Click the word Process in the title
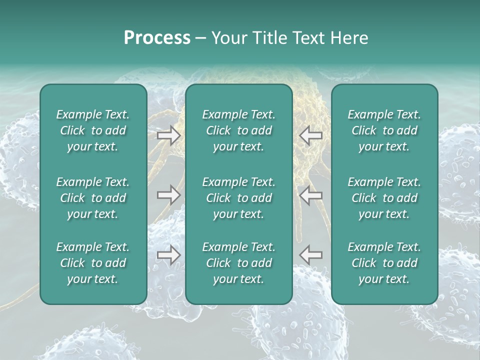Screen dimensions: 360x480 [x=157, y=38]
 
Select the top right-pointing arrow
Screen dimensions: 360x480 [x=168, y=135]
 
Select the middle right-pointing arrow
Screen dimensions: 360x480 [x=168, y=195]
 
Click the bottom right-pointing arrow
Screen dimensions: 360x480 [x=168, y=255]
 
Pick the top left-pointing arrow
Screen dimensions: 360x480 [x=311, y=135]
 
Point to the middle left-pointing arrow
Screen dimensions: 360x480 [x=311, y=195]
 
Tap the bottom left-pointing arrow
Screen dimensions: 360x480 [x=311, y=255]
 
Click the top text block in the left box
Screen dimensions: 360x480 [x=93, y=130]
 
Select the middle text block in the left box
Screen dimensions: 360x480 [x=93, y=198]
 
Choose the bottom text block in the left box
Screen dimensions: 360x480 [x=93, y=263]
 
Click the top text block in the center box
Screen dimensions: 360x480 [x=238, y=130]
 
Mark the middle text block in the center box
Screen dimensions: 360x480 [x=238, y=198]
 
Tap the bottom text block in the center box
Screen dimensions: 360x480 [x=238, y=263]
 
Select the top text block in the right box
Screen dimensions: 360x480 [x=384, y=130]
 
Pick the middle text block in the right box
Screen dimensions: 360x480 [x=384, y=198]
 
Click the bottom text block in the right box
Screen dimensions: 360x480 [x=384, y=263]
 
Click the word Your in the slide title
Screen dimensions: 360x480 [x=229, y=38]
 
